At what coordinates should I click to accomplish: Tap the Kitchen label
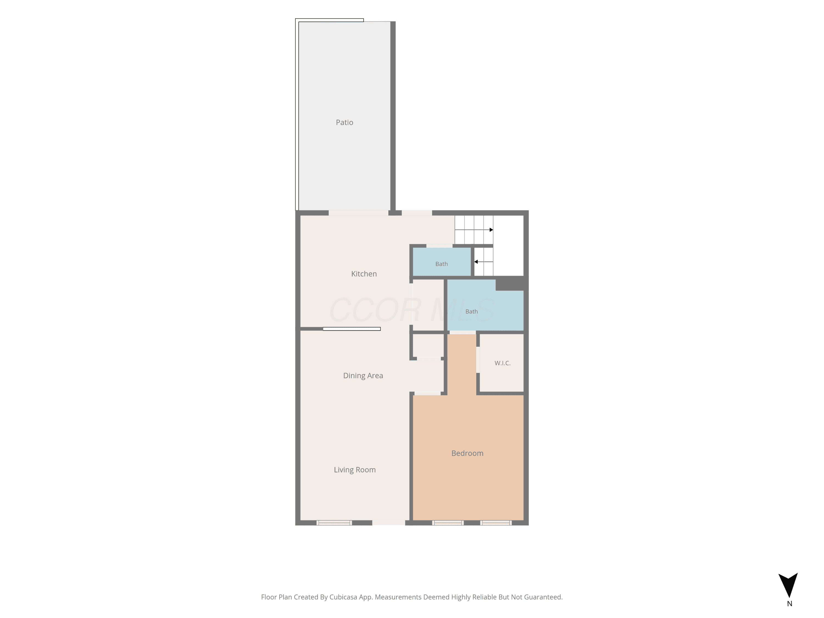(364, 274)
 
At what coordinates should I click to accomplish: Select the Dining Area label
(363, 375)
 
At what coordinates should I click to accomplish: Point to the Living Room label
(355, 470)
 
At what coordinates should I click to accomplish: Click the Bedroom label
(467, 453)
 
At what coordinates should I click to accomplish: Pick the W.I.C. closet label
(503, 363)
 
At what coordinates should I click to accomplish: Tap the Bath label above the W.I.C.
(471, 311)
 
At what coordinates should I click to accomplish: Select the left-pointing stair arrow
(483, 262)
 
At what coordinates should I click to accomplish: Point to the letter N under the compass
(789, 604)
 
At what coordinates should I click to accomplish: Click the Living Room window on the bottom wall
(334, 523)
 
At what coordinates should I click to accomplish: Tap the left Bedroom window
(448, 523)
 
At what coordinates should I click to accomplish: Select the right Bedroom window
(496, 523)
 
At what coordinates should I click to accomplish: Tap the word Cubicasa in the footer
(343, 597)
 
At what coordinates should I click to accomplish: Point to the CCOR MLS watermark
(412, 310)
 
